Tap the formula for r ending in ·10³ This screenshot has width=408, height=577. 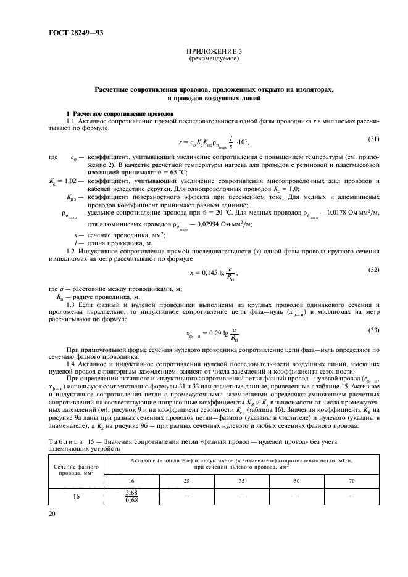pos(214,142)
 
